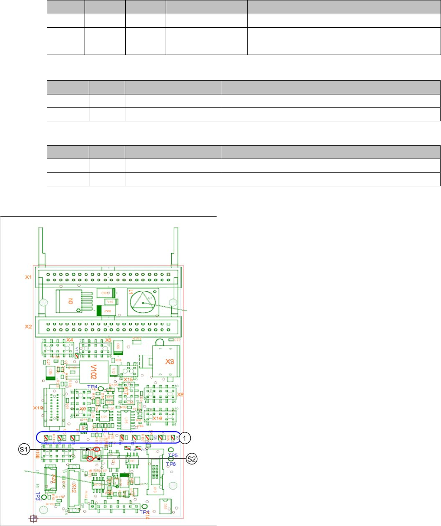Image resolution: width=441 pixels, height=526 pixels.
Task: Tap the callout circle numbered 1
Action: coord(185,438)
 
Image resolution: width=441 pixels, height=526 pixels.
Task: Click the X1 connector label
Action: coord(28,276)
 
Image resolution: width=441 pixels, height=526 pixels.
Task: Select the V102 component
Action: coord(93,371)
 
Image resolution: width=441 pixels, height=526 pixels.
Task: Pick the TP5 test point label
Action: coord(173,455)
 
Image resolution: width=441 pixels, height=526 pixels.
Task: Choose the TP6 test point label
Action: coord(172,464)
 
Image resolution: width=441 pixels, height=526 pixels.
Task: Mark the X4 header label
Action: coord(70,340)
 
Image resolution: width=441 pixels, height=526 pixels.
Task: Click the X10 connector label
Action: coord(38,408)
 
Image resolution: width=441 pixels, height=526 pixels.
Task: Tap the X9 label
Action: coord(82,409)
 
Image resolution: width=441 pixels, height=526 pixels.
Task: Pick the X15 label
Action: coord(128,380)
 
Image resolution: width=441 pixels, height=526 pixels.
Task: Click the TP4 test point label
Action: coord(92,386)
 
